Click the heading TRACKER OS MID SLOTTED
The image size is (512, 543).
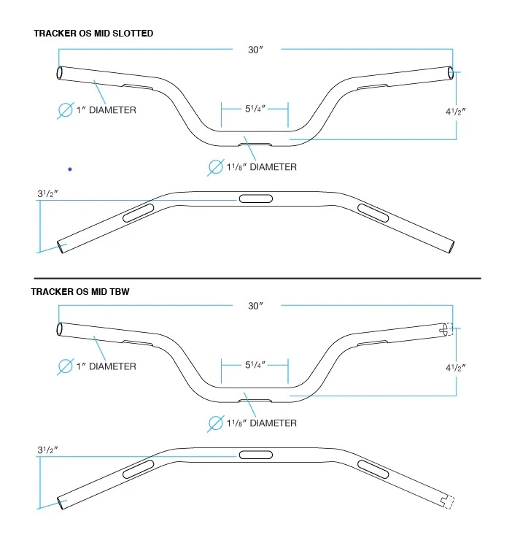[x=93, y=34]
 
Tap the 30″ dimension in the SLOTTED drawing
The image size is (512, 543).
[x=255, y=50]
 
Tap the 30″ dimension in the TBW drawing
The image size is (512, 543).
[x=255, y=305]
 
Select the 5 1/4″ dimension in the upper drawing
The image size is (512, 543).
[x=255, y=109]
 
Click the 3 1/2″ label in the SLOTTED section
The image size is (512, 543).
[x=48, y=194]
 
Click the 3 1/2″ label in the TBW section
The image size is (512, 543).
[x=48, y=450]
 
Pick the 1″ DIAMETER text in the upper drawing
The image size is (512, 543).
[x=106, y=110]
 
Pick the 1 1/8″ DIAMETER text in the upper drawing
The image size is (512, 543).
[x=261, y=167]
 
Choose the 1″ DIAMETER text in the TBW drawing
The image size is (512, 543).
[x=106, y=366]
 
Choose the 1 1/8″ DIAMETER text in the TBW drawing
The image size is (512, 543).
[x=261, y=423]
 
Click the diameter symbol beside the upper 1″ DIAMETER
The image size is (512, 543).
[x=66, y=110]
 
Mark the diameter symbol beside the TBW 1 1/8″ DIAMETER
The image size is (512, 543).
[x=215, y=423]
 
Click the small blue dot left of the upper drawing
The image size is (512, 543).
[x=70, y=169]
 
